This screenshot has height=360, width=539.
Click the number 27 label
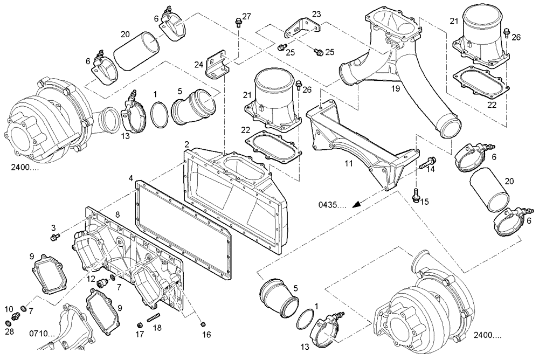[246, 16]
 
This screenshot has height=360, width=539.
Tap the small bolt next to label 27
[238, 22]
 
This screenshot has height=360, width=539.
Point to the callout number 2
[186, 144]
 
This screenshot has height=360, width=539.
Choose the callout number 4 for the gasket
[131, 178]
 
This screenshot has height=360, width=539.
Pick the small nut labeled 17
[139, 324]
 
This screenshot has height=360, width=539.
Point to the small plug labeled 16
[203, 324]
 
